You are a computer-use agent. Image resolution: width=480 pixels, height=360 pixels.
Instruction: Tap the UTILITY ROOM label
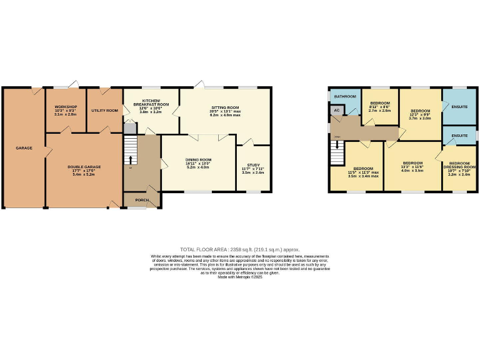104,111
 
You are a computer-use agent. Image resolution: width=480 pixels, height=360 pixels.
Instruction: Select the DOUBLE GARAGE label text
84,167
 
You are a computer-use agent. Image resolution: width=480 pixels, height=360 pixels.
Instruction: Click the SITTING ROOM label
225,107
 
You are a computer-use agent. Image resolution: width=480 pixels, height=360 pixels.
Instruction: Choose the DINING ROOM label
198,159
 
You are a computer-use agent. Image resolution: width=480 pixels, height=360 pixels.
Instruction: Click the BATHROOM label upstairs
344,96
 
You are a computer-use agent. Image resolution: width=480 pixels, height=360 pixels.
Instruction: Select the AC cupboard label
337,110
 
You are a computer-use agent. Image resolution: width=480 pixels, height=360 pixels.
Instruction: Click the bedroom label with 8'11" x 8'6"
379,103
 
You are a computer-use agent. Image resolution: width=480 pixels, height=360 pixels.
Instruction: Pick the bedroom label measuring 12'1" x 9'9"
419,110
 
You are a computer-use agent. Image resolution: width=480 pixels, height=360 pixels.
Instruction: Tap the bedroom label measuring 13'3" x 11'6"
413,162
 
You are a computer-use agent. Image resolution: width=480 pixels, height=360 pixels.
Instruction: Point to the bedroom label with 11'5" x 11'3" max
363,169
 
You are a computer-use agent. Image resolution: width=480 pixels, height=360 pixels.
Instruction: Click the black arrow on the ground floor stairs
131,159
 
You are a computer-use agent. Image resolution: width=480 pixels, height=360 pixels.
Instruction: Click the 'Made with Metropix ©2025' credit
239,277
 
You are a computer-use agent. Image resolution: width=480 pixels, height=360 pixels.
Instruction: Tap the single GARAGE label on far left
24,148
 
